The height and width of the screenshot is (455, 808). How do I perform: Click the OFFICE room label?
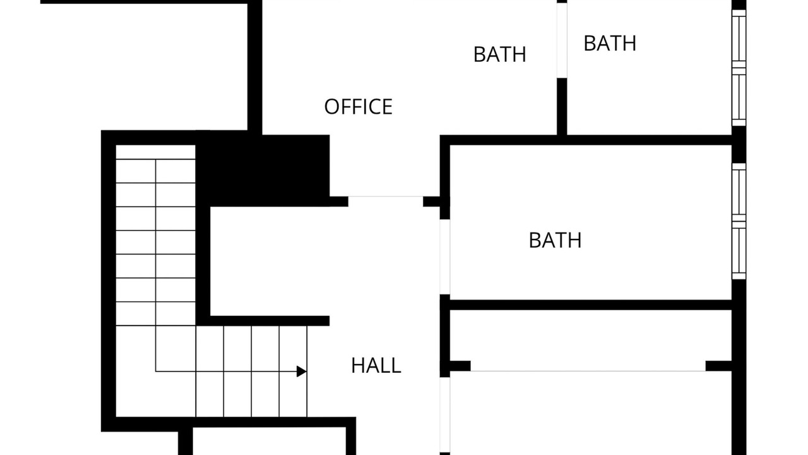tap(358, 107)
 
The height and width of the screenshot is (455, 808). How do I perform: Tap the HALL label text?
tap(376, 365)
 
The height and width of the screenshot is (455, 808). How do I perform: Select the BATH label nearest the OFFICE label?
tap(499, 54)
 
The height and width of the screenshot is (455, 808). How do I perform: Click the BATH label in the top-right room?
tap(610, 44)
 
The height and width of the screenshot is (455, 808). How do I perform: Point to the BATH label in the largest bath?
tap(555, 240)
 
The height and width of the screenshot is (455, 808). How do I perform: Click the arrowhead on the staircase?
tap(302, 371)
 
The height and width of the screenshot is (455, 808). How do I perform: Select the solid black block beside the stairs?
tap(263, 169)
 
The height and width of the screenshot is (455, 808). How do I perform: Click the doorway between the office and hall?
tap(386, 197)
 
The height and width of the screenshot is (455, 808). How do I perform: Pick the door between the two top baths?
tap(562, 40)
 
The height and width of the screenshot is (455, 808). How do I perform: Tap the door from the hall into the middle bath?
tap(445, 257)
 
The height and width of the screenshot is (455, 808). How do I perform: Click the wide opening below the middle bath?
tap(588, 371)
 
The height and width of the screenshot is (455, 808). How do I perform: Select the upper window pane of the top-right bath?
tap(739, 39)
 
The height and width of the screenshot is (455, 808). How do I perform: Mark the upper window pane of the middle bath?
tap(739, 192)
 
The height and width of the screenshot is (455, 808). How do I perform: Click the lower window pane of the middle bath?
tap(739, 250)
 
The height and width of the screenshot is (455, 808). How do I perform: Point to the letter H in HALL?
tap(357, 365)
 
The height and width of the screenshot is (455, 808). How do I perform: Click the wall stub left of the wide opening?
tap(460, 366)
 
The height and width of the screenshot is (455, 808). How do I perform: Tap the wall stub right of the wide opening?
tap(718, 366)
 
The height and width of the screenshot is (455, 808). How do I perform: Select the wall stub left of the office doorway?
tap(339, 202)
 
